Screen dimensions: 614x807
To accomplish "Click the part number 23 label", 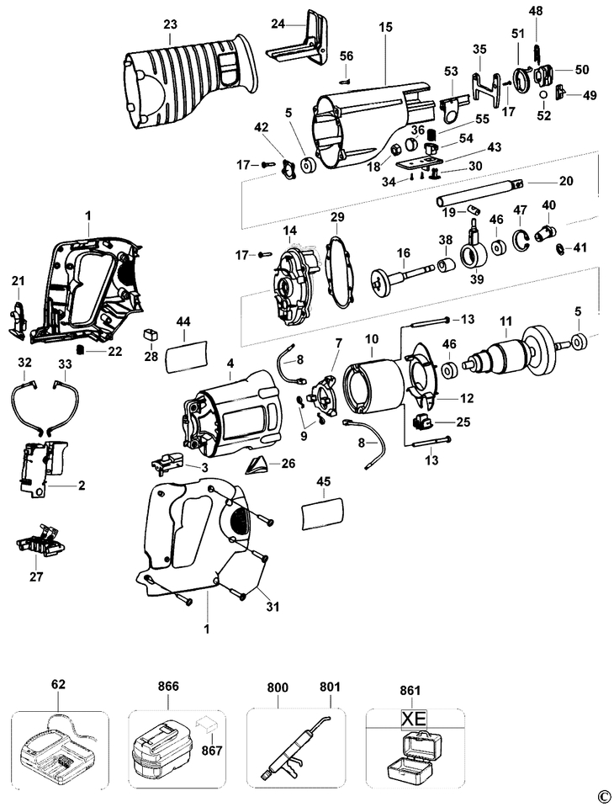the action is pos(170,24).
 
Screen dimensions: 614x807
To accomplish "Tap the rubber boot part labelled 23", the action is pos(190,84).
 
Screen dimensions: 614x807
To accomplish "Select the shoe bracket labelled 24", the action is pos(299,40).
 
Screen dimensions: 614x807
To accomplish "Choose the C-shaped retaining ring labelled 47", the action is pos(522,242).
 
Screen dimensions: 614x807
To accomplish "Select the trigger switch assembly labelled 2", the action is pos(41,468).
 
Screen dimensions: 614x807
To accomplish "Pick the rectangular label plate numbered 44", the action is pos(185,356).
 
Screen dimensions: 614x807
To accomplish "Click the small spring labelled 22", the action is pos(80,351).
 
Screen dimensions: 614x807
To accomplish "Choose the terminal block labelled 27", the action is pos(39,540).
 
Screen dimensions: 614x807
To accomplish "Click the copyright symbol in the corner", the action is pos(605,797).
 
